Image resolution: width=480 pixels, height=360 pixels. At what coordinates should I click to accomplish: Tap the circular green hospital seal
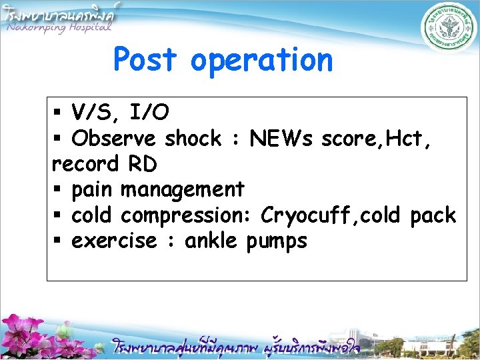(x=448, y=29)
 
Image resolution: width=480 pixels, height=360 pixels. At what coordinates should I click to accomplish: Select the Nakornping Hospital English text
(x=59, y=27)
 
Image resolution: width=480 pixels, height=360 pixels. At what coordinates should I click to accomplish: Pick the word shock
(x=193, y=139)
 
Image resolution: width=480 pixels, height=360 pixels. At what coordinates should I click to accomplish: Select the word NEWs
(x=281, y=139)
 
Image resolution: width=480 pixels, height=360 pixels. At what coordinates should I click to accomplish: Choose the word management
(x=182, y=190)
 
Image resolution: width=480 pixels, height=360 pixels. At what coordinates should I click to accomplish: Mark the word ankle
(x=211, y=241)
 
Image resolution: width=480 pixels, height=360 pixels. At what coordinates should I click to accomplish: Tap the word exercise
(x=113, y=241)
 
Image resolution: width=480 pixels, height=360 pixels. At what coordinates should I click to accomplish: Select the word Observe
(x=113, y=139)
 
